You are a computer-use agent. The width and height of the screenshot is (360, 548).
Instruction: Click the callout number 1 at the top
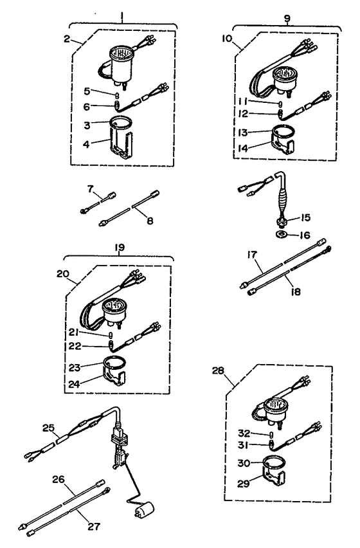[122, 17]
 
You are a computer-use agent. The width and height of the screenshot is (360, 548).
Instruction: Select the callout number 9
[287, 18]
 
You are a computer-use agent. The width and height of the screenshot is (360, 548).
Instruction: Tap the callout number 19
[119, 248]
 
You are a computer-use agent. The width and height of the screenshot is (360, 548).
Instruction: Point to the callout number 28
[218, 370]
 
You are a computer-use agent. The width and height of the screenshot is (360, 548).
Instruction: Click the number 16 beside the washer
[305, 235]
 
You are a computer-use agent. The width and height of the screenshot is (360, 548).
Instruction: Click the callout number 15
[305, 217]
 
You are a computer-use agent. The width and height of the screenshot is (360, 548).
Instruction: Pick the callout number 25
[48, 428]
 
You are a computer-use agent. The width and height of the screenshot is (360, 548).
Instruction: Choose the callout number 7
[91, 189]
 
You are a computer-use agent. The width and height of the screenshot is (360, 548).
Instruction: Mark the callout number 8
[150, 221]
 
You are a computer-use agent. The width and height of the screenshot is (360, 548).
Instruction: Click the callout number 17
[251, 255]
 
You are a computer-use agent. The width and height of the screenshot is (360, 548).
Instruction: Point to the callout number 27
[94, 526]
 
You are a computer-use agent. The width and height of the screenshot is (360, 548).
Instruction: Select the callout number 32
[244, 434]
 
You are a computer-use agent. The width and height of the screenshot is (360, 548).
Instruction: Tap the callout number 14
[242, 148]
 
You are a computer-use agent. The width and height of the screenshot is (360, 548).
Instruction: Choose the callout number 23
[75, 367]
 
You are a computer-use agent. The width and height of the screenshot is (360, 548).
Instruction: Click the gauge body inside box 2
[121, 65]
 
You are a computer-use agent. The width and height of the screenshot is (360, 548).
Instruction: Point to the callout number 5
[87, 91]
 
